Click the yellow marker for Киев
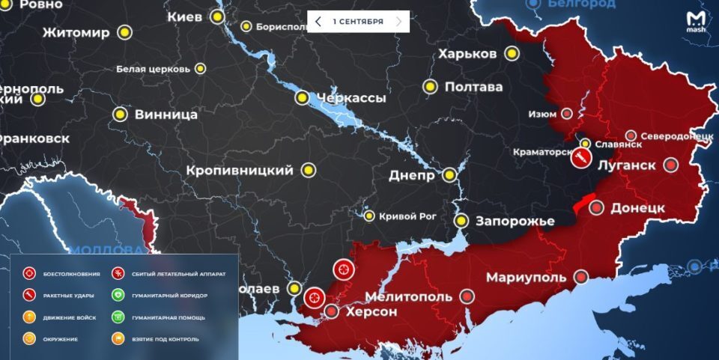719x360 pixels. pyautogui.click(x=218, y=16)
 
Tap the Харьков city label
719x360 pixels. pyautogui.click(x=467, y=54)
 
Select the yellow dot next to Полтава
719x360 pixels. pyautogui.click(x=430, y=87)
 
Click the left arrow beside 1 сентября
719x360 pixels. pyautogui.click(x=318, y=22)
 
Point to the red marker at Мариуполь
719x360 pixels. pyautogui.click(x=580, y=278)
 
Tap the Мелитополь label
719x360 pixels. pyautogui.click(x=409, y=296)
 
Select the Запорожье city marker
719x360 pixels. pyautogui.click(x=462, y=221)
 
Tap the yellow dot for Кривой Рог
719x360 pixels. pyautogui.click(x=369, y=216)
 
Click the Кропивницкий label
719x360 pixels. pyautogui.click(x=240, y=171)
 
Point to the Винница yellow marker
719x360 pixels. pyautogui.click(x=120, y=115)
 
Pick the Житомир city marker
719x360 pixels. pyautogui.click(x=123, y=32)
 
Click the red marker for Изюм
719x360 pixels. pyautogui.click(x=567, y=115)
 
